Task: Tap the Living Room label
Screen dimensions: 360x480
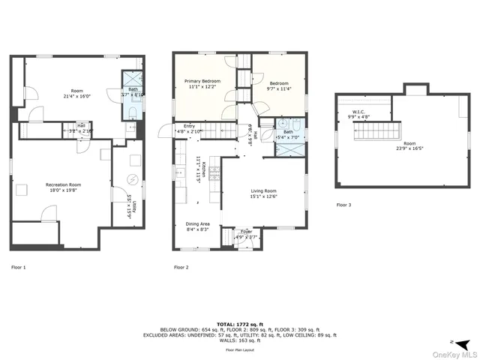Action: point(263,191)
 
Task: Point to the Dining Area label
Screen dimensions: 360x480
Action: point(199,223)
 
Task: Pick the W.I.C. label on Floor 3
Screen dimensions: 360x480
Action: point(359,112)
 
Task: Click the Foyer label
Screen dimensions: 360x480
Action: point(245,232)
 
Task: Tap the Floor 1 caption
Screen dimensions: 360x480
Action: point(18,267)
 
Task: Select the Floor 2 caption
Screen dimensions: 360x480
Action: point(181,267)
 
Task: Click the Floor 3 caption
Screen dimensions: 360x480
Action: point(343,205)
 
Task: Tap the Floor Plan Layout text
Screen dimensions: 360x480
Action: point(239,350)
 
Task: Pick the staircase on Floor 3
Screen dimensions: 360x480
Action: point(370,135)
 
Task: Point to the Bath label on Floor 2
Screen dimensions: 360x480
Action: point(288,132)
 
